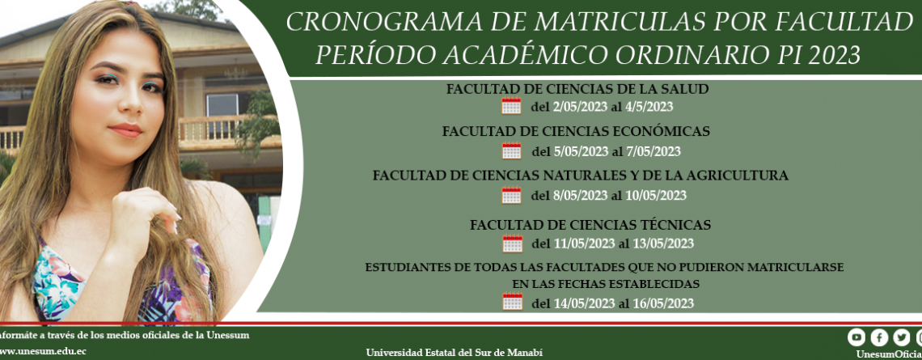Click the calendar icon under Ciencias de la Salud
511,106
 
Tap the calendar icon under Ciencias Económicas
512,150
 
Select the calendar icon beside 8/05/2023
512,195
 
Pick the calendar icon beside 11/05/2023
512,243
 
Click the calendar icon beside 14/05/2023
512,303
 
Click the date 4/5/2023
649,107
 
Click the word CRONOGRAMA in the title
373,23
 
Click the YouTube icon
856,337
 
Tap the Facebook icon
879,337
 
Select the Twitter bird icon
902,337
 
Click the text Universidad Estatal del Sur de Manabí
455,353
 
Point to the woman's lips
125,129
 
